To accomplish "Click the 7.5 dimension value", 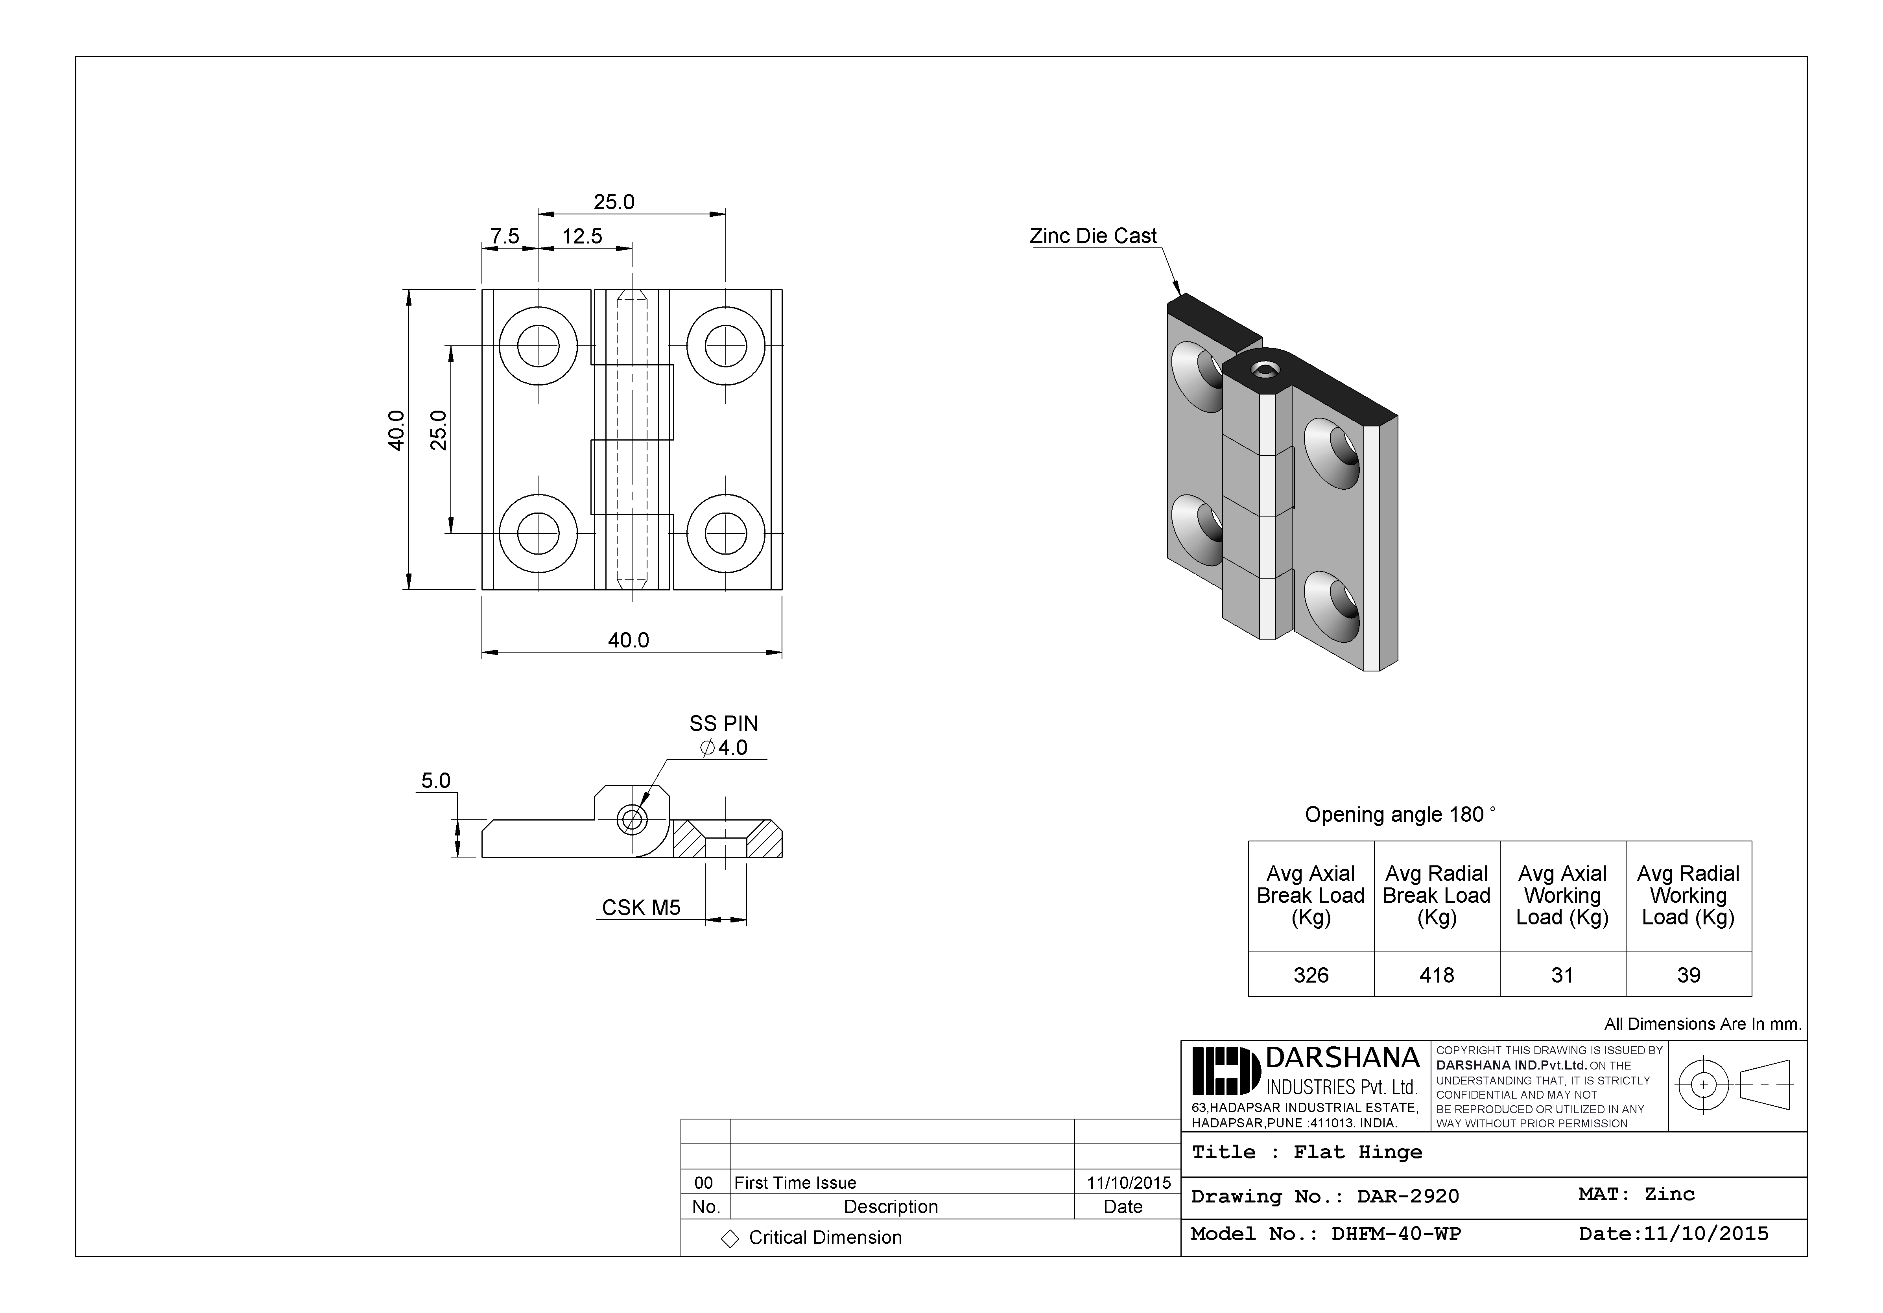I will click(x=504, y=236).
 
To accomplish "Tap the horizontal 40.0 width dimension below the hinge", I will click(x=628, y=640).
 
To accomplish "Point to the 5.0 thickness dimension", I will click(x=435, y=781).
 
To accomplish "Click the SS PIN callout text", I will click(x=723, y=723).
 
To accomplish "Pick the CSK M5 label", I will click(x=640, y=908).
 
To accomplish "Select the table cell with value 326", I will click(x=1311, y=975).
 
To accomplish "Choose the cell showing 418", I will click(x=1437, y=975).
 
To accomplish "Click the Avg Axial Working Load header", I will click(x=1562, y=896).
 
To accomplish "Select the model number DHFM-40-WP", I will click(x=1396, y=1234).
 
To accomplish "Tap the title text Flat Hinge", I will click(x=1357, y=1152).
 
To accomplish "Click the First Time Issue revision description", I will click(x=795, y=1182).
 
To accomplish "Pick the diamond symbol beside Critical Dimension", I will click(x=729, y=1238).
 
